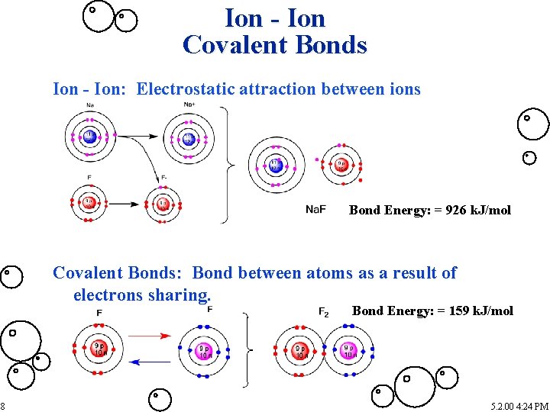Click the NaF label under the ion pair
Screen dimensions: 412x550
point(315,209)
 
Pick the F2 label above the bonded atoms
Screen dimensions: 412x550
point(323,311)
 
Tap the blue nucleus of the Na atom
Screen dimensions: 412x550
point(90,137)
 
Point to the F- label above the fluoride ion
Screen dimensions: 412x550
point(164,177)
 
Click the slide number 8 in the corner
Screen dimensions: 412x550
point(3,406)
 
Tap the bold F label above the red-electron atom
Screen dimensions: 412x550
point(99,313)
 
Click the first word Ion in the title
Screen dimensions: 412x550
point(243,18)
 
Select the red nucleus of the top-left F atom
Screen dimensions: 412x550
point(90,204)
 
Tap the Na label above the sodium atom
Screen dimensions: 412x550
point(90,105)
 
